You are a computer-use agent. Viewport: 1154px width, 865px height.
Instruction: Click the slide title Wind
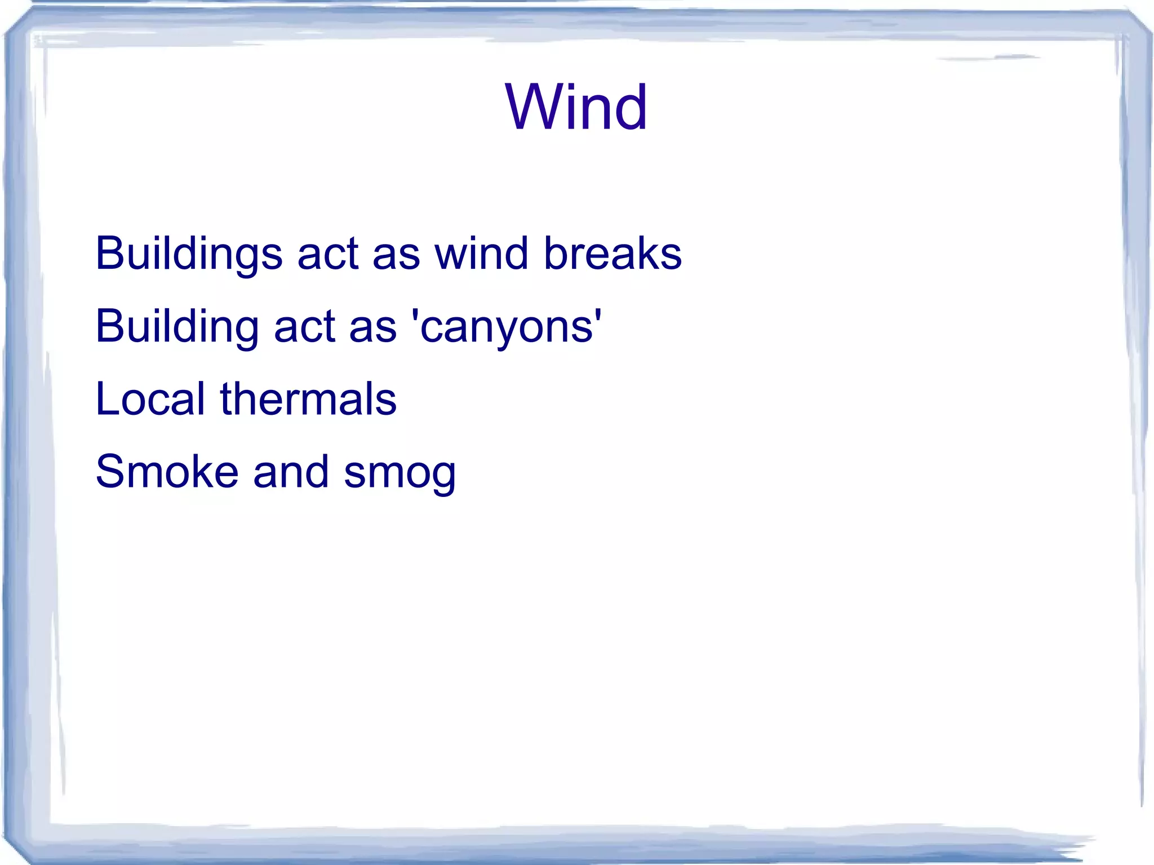576,107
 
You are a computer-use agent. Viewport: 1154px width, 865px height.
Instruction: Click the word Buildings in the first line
188,254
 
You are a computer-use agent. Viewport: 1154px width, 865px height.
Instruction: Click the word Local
150,399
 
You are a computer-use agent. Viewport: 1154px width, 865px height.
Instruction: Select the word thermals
308,399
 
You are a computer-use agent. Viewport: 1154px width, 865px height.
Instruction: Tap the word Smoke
167,472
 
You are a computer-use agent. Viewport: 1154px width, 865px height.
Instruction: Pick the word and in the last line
291,472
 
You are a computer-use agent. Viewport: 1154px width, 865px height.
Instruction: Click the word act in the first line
328,254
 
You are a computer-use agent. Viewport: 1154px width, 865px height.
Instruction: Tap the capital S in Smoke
110,472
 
